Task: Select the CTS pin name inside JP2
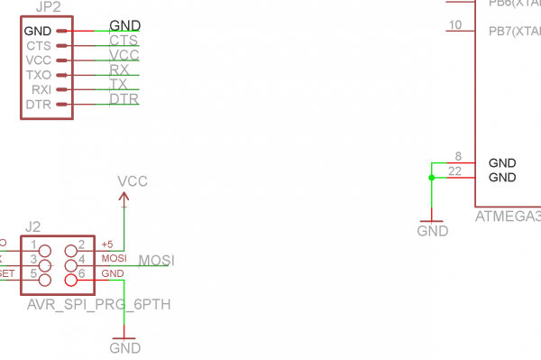(38, 45)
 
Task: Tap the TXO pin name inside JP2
(38, 75)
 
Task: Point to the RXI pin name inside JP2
(40, 89)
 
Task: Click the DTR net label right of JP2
(124, 98)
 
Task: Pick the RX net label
(119, 69)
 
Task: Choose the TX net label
(118, 84)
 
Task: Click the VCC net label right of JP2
(124, 54)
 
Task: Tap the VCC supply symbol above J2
(133, 182)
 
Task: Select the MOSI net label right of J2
(156, 261)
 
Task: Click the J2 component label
(33, 226)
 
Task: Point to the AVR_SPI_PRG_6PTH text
(98, 305)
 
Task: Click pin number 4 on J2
(81, 259)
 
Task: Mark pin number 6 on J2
(81, 273)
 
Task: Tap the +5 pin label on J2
(107, 245)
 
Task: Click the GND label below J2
(124, 347)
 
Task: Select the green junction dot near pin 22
(432, 178)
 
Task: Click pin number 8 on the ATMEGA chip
(458, 156)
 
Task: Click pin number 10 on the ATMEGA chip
(455, 24)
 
